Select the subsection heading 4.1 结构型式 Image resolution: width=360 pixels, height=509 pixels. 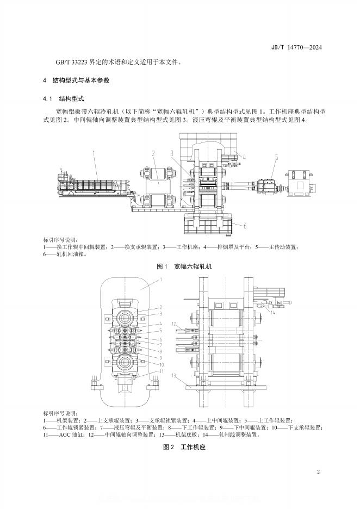pos(64,98)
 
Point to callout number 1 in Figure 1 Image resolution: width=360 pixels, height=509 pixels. pos(94,154)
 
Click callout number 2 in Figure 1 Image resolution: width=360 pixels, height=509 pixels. pos(154,153)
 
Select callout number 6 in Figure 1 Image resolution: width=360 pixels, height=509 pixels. pos(245,226)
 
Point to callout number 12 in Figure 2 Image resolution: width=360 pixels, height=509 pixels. pos(175,324)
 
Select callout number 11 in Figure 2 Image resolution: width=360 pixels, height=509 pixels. pos(160,371)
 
